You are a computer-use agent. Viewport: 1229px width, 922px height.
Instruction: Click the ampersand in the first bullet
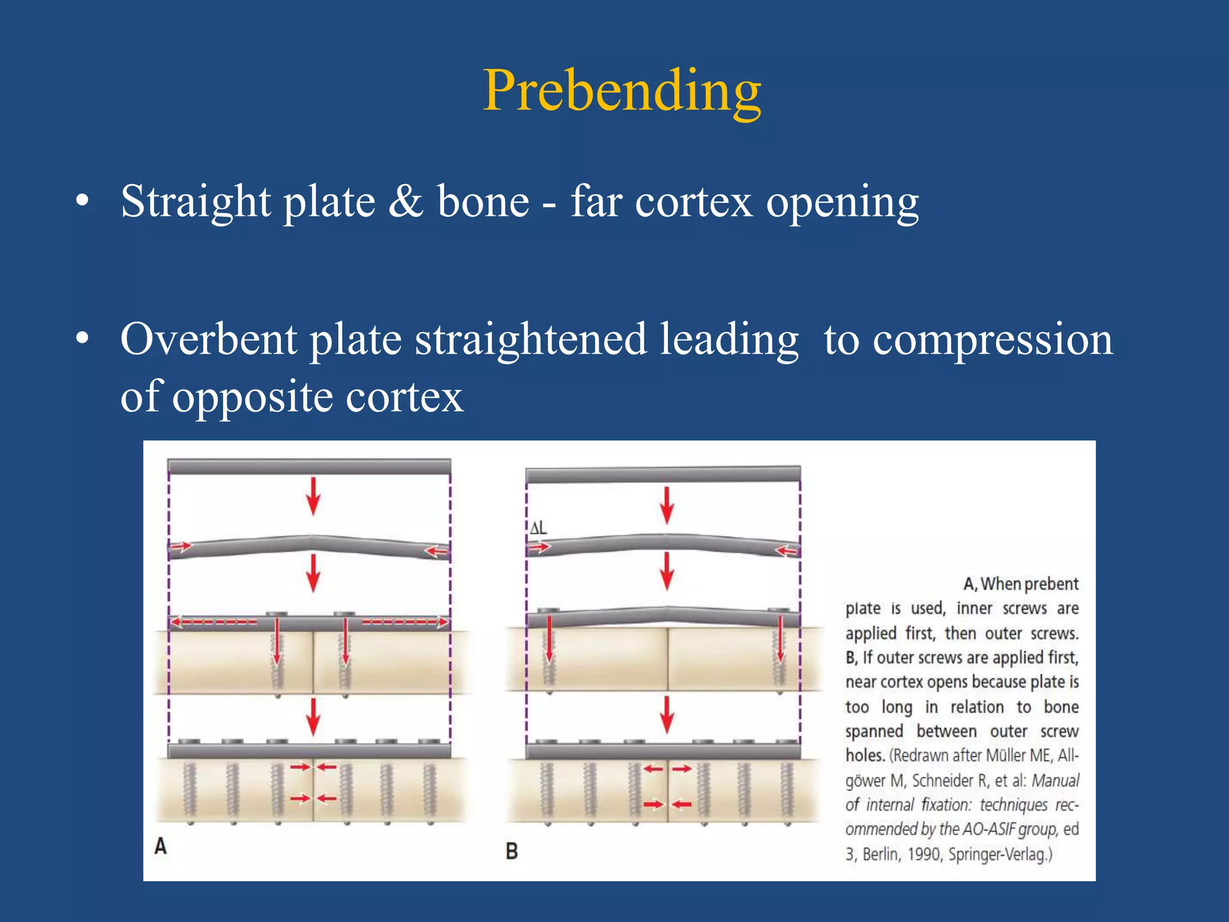[406, 202]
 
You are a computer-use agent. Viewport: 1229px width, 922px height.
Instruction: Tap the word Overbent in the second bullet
[208, 340]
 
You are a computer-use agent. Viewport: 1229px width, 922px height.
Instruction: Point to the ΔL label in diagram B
[538, 528]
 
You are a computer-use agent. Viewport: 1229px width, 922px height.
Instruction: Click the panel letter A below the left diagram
[160, 846]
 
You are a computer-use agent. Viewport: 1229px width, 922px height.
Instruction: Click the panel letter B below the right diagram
[511, 851]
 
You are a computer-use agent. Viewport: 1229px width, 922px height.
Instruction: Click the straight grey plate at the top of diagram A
[309, 467]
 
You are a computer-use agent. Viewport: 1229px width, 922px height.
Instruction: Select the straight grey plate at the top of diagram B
[663, 475]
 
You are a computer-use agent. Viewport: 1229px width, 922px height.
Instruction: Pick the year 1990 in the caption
[924, 854]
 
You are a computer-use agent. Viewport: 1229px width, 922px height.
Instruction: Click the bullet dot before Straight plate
[83, 202]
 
